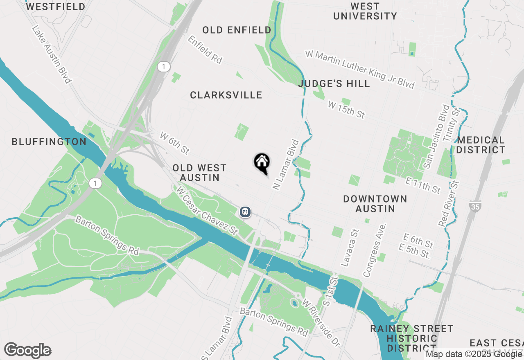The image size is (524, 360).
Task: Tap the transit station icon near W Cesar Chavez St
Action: click(x=245, y=211)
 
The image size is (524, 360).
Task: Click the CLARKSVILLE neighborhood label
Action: click(x=226, y=95)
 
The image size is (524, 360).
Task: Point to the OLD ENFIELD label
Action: click(x=237, y=30)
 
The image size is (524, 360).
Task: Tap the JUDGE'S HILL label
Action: click(x=334, y=83)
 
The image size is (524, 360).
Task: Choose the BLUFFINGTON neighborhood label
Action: click(x=49, y=142)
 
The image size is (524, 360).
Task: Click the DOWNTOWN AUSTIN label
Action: click(x=375, y=204)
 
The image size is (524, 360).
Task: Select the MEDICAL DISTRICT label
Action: click(x=481, y=145)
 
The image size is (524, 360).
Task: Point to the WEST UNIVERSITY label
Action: click(x=365, y=11)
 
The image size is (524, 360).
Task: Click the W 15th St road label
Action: click(x=346, y=110)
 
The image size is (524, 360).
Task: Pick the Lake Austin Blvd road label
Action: click(x=52, y=54)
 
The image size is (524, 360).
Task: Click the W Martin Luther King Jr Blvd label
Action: click(x=360, y=70)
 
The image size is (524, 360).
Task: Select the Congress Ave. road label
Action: click(x=375, y=250)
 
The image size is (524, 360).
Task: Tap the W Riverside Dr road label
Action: click(x=321, y=323)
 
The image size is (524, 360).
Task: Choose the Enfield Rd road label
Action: click(x=205, y=49)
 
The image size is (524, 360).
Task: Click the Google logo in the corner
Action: click(x=28, y=351)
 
